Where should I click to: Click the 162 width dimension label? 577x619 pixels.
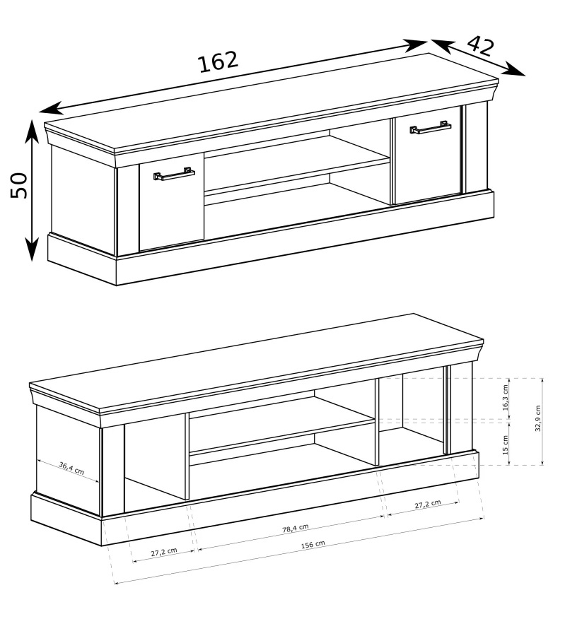(x=218, y=62)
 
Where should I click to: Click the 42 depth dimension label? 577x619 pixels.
(x=481, y=46)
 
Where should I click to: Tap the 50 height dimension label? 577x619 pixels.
(x=19, y=185)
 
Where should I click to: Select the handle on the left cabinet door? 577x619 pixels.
(x=174, y=174)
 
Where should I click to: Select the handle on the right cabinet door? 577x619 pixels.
(x=431, y=127)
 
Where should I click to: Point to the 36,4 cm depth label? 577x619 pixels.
(x=71, y=468)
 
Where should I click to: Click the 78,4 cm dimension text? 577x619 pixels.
(x=296, y=529)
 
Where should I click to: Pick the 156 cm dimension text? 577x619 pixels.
(x=313, y=544)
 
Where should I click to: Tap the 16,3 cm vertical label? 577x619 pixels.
(x=506, y=398)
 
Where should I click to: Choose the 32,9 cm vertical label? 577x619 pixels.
(x=538, y=418)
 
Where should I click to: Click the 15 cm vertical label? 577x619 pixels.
(x=506, y=445)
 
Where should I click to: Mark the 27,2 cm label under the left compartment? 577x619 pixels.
(x=164, y=551)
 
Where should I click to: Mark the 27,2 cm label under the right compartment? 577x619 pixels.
(x=428, y=504)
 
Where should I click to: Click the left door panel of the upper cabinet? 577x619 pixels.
(x=171, y=201)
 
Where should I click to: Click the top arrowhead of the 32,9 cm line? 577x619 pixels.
(x=542, y=380)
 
